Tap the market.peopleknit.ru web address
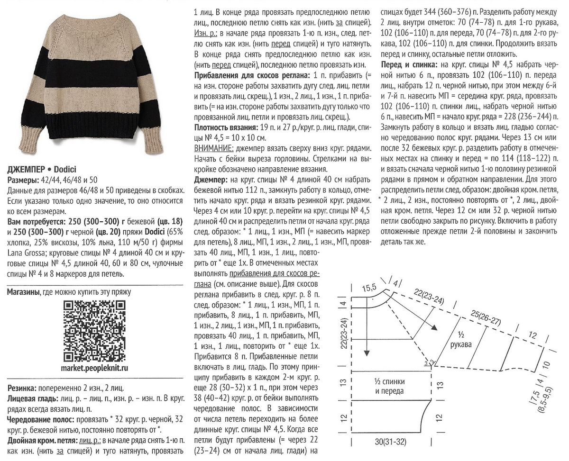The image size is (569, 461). pos(95,367)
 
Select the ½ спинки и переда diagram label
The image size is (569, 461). pos(389,387)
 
